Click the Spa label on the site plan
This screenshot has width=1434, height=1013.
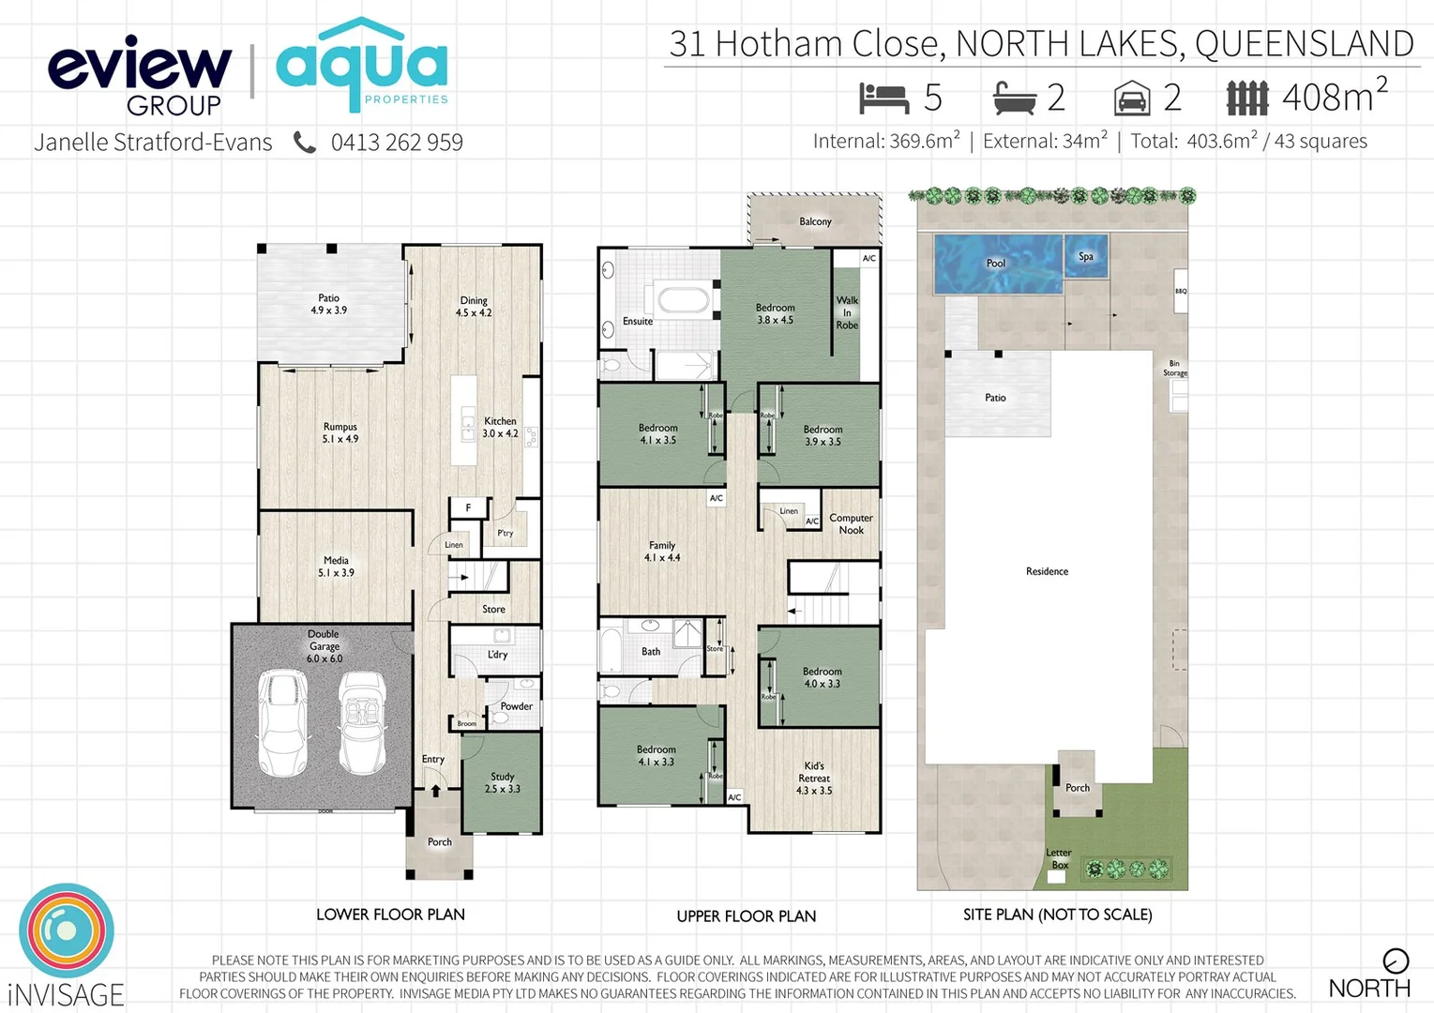coord(1086,256)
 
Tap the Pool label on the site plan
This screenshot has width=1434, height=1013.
coord(996,264)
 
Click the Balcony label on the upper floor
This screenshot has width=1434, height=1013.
coord(815,222)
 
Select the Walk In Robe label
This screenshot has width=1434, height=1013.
coord(847,312)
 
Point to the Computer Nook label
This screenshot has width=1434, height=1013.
coord(851,523)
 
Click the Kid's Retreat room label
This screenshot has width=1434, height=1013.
coord(814,779)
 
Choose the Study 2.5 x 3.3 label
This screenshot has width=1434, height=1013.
coord(502,783)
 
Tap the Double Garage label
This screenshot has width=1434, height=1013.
coord(324,646)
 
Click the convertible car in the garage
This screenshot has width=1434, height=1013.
coord(361,722)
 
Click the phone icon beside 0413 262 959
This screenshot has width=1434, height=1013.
coord(305,143)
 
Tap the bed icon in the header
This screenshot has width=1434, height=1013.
coord(883,98)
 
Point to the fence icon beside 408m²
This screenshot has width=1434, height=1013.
coord(1247,98)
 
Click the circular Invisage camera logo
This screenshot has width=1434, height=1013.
coord(66,930)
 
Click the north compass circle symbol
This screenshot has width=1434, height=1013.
coord(1396,960)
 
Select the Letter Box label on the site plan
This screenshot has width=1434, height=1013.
coord(1059,858)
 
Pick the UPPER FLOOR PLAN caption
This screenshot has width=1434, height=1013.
coord(747,916)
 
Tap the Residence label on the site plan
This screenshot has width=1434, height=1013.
coord(1047,571)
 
